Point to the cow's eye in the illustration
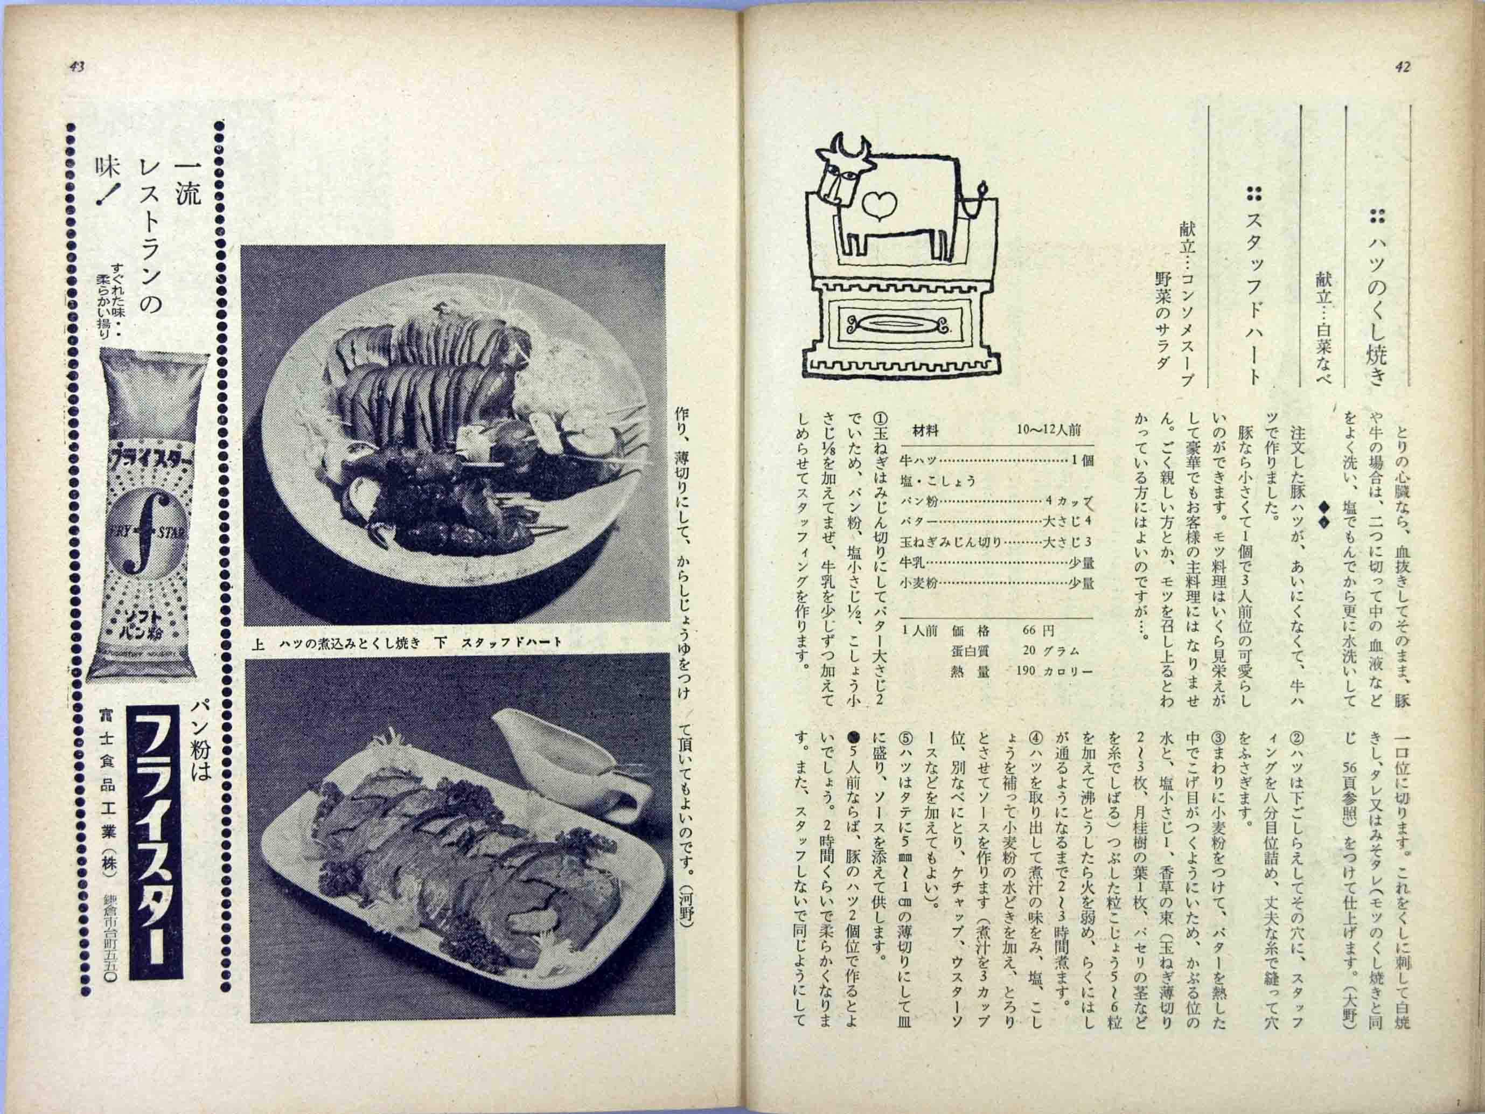848,176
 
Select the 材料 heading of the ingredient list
925,431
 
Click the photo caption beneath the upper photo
406,643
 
